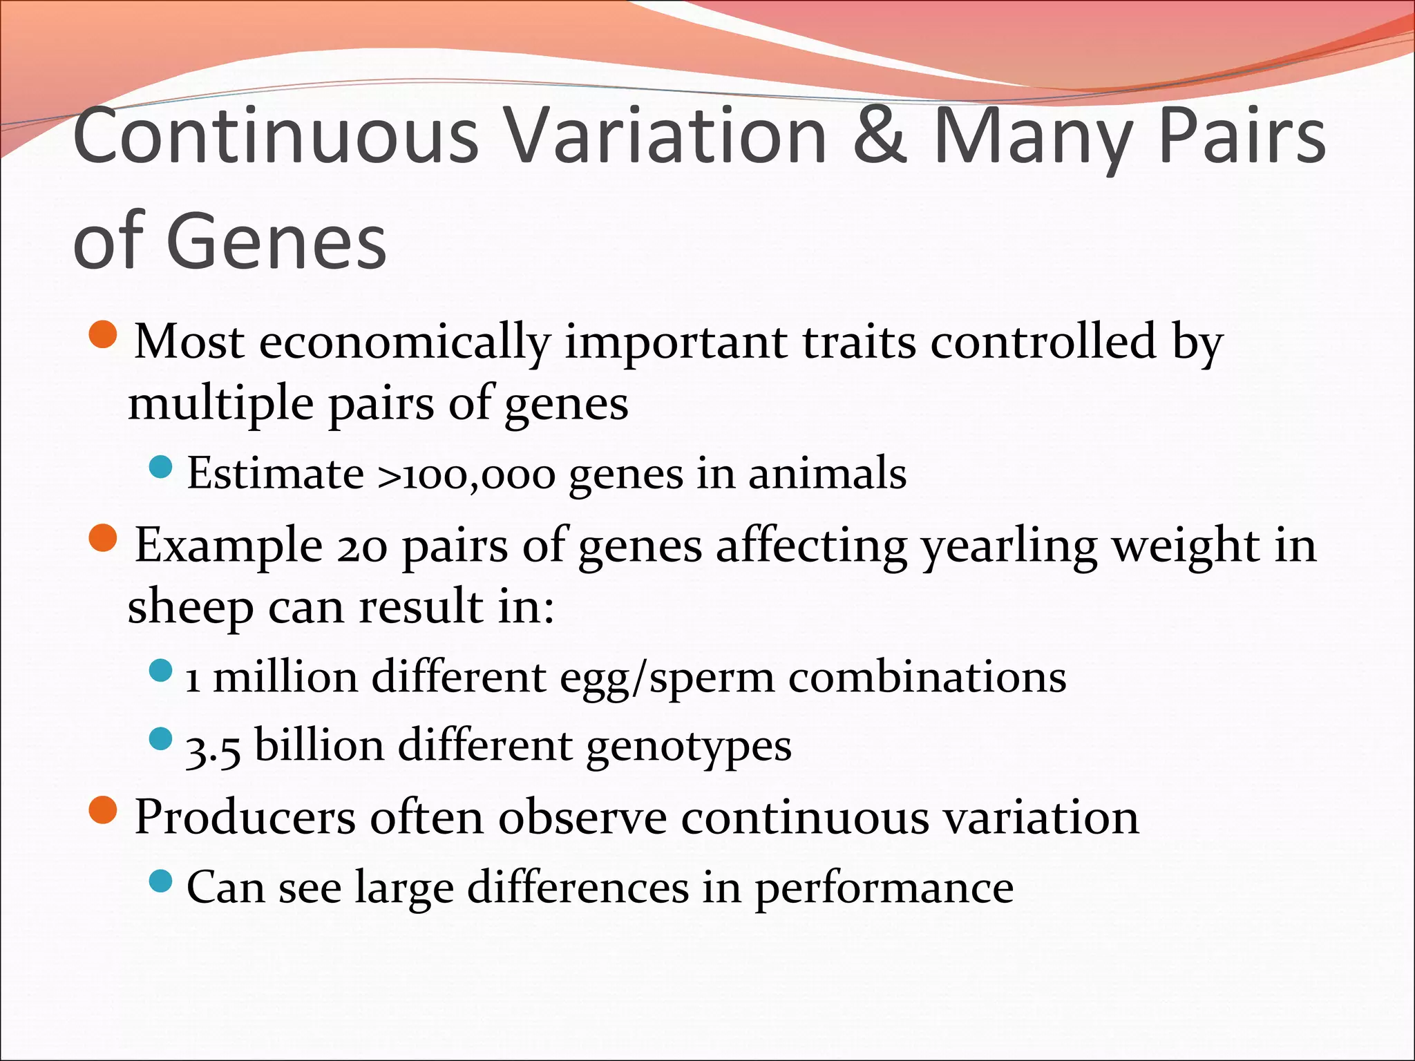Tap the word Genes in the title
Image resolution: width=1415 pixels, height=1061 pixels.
tap(276, 242)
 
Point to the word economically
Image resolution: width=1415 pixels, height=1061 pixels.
tap(405, 343)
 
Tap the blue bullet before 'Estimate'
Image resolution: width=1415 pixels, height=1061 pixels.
tap(160, 468)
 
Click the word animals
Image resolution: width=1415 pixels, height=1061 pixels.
tap(827, 474)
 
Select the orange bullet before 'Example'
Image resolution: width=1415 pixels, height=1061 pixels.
tap(104, 538)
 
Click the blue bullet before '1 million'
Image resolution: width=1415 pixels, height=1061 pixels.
tap(160, 670)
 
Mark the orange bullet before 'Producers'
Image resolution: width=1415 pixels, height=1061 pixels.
tap(104, 810)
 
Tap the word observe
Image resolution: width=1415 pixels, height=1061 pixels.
tap(582, 818)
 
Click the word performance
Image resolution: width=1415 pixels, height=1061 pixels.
tap(884, 889)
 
